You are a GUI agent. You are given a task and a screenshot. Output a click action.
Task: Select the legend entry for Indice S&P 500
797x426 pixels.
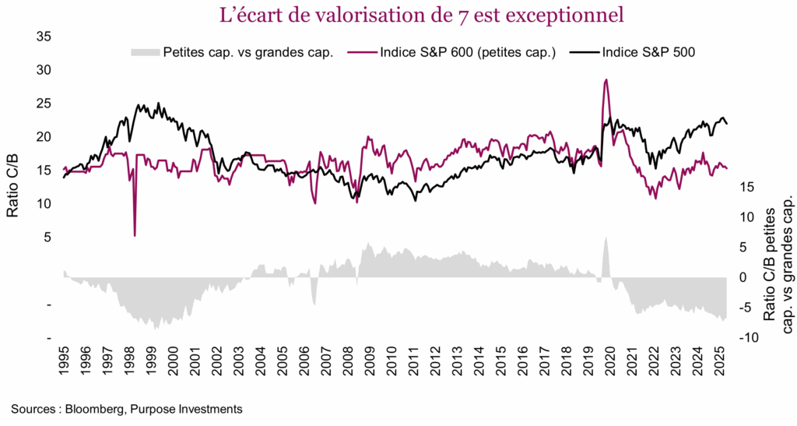pyautogui.click(x=646, y=52)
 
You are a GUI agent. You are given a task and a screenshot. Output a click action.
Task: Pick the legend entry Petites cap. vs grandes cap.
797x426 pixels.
pyautogui.click(x=247, y=52)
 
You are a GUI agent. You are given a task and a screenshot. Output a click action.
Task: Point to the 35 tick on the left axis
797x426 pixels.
pyautogui.click(x=44, y=37)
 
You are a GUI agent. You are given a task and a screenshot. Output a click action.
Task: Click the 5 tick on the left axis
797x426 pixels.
pyautogui.click(x=47, y=238)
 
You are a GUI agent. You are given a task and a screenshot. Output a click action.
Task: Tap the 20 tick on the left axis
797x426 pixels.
pyautogui.click(x=44, y=137)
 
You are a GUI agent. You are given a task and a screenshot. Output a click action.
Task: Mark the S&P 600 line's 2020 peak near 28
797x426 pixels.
pyautogui.click(x=606, y=79)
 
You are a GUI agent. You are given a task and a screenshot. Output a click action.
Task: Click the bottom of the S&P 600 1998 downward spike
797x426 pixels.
pyautogui.click(x=135, y=235)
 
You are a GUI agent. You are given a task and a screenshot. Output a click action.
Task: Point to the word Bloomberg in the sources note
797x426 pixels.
pyautogui.click(x=99, y=409)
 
